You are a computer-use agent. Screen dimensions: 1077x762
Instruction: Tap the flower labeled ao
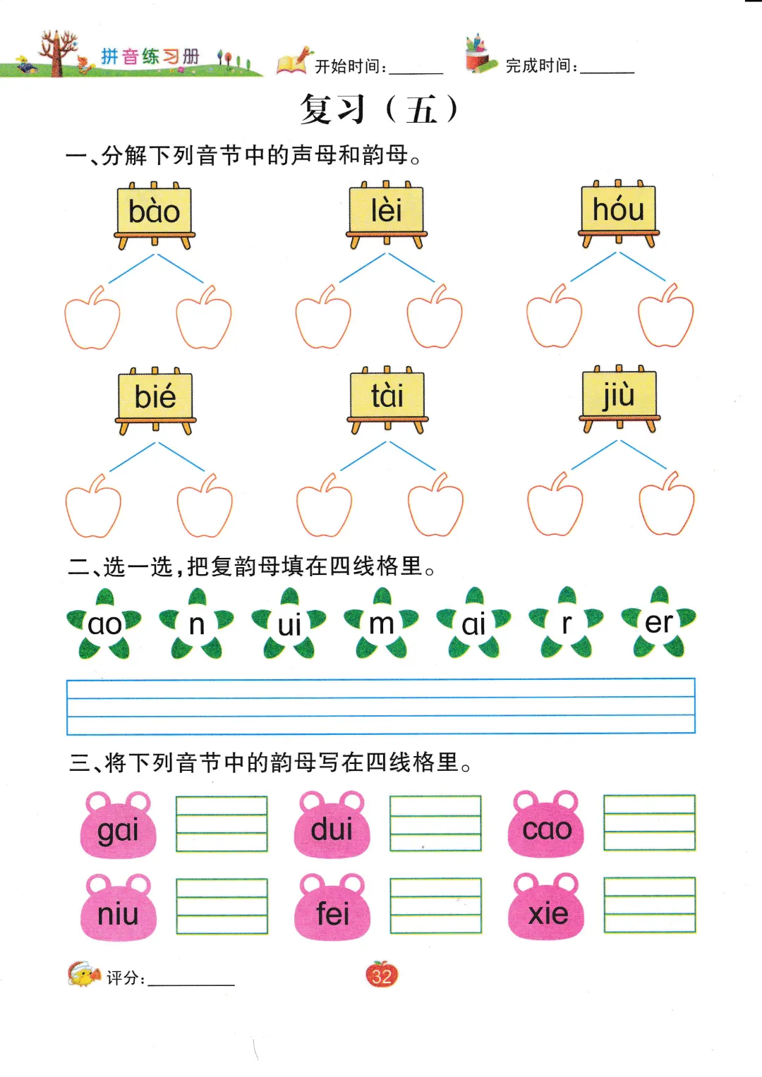click(x=104, y=624)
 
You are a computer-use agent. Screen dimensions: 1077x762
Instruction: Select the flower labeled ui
click(x=289, y=624)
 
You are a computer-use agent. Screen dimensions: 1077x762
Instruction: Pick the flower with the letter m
click(x=382, y=623)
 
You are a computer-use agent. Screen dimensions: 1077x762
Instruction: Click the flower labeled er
click(x=659, y=622)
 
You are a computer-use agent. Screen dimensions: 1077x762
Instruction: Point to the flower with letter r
click(x=567, y=623)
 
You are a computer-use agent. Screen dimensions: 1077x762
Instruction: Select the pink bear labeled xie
click(x=547, y=910)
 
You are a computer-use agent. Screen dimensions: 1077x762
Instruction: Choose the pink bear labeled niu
click(x=118, y=911)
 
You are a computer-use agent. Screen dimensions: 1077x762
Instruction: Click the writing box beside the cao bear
click(x=649, y=822)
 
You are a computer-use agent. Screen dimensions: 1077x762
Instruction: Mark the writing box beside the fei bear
click(x=435, y=906)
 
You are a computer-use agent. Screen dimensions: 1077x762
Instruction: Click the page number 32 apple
click(x=382, y=975)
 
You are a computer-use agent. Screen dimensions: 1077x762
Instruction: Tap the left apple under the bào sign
click(x=92, y=320)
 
